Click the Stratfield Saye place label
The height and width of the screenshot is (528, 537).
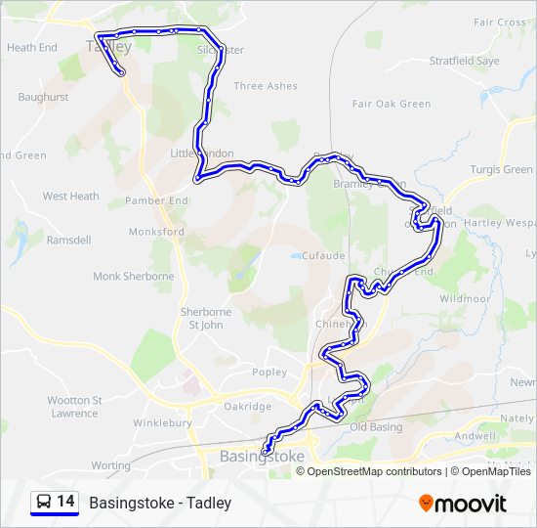click(x=464, y=61)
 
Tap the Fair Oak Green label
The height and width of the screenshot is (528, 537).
click(x=392, y=104)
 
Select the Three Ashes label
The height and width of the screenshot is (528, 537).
click(x=266, y=86)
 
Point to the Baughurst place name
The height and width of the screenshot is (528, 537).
click(x=43, y=97)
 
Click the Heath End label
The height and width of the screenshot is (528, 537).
click(x=32, y=47)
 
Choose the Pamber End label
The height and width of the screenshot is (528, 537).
click(x=156, y=200)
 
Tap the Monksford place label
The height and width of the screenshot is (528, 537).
click(x=156, y=232)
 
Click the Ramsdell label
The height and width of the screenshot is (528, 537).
click(x=68, y=240)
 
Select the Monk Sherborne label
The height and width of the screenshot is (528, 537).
click(x=134, y=277)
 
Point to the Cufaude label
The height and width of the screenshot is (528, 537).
click(x=322, y=255)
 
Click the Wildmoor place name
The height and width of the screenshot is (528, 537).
click(x=464, y=298)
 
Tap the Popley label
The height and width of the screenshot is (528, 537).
click(x=269, y=372)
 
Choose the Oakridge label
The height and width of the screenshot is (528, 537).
click(x=247, y=406)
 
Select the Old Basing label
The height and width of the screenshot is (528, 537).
click(x=376, y=426)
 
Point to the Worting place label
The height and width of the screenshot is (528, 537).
click(x=110, y=465)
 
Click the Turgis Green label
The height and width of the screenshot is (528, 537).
click(x=501, y=169)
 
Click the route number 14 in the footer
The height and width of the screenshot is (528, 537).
click(x=65, y=502)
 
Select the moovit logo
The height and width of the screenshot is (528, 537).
click(x=463, y=503)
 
